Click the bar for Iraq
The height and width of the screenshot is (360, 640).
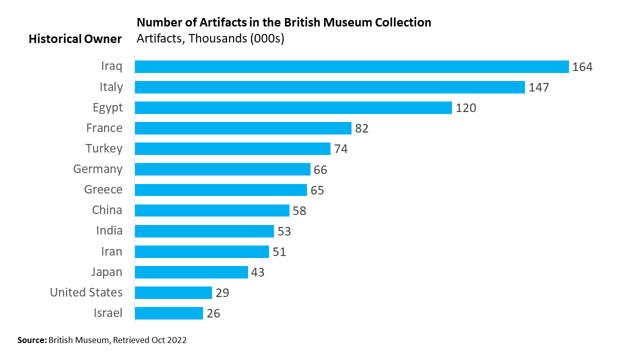pyautogui.click(x=351, y=67)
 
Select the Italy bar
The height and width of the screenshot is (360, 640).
pyautogui.click(x=329, y=87)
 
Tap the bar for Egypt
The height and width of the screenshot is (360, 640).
pyautogui.click(x=293, y=108)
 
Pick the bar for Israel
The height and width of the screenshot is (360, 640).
pyautogui.click(x=168, y=313)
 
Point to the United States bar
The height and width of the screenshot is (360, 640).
pyautogui.click(x=173, y=292)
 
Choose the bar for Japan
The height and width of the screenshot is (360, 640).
pyautogui.click(x=191, y=272)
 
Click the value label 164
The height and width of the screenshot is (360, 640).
pyautogui.click(x=582, y=67)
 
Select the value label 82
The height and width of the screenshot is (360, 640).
pyautogui.click(x=362, y=128)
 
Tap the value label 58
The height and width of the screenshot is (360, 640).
pyautogui.click(x=299, y=210)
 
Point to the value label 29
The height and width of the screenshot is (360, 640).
pyautogui.click(x=222, y=293)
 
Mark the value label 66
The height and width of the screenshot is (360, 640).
pyautogui.click(x=320, y=170)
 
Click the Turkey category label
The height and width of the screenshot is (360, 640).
pyautogui.click(x=104, y=148)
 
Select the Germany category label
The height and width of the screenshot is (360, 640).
pyautogui.click(x=98, y=169)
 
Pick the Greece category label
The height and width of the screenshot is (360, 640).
pyautogui.click(x=103, y=189)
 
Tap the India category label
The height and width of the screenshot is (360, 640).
pyautogui.click(x=109, y=230)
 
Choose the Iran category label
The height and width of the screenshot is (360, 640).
pyautogui.click(x=111, y=251)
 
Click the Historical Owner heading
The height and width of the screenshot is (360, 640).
pyautogui.click(x=75, y=39)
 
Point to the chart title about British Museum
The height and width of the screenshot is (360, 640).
pyautogui.click(x=284, y=22)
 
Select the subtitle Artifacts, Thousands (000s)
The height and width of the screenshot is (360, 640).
pyautogui.click(x=210, y=38)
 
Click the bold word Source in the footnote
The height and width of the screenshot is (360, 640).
pyautogui.click(x=31, y=340)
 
